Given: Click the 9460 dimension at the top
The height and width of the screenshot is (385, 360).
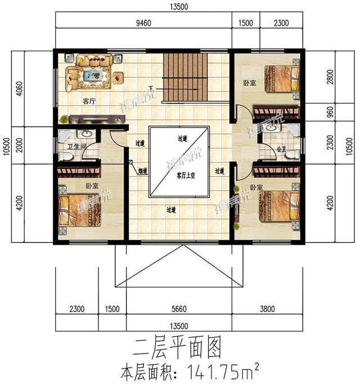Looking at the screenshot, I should pos(143,23).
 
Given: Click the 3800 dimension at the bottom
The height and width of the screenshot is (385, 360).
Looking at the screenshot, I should pos(269,309).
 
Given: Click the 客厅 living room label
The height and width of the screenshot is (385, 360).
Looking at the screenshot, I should pos(89,102).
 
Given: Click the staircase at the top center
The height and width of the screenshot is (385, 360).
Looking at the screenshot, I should pos(184,78).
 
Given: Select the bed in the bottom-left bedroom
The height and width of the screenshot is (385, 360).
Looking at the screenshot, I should pos(79,210).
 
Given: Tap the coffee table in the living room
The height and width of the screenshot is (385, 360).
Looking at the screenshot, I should pos(92,75).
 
